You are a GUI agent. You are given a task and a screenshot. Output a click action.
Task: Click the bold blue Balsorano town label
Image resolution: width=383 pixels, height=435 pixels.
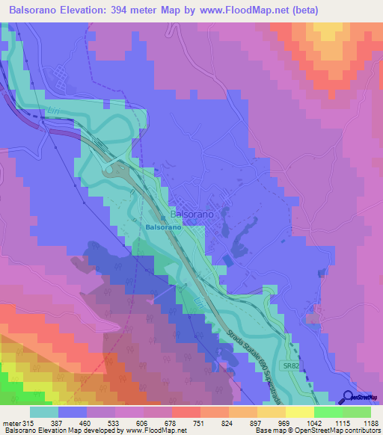pos(162,226)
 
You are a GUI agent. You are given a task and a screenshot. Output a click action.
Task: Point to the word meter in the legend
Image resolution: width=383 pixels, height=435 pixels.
pos(10,422)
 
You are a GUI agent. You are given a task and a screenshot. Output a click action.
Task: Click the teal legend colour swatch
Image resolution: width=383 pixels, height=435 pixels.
pos(44,411)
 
